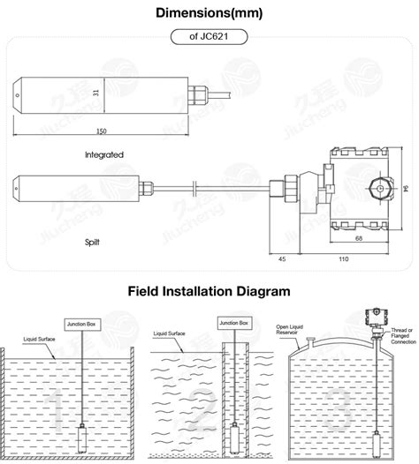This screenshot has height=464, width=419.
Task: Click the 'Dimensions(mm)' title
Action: pyautogui.click(x=209, y=13)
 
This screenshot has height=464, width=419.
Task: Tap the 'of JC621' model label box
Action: pyautogui.click(x=209, y=37)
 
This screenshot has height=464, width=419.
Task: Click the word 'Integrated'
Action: pyautogui.click(x=104, y=153)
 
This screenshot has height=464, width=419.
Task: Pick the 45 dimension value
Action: pyautogui.click(x=283, y=259)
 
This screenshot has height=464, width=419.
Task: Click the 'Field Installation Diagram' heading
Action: pyautogui.click(x=209, y=290)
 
